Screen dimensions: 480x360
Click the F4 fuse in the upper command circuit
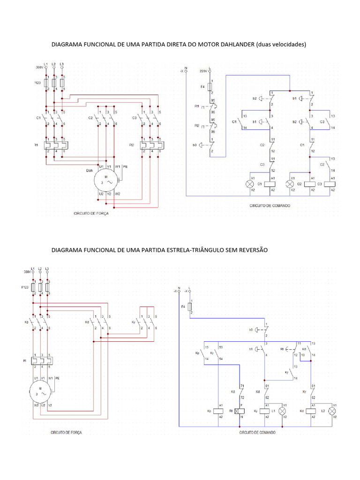[209, 87]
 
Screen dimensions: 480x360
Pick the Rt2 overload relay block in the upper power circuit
[151, 145]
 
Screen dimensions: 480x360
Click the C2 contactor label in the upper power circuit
[91, 118]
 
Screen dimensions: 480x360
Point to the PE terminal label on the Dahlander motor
[125, 166]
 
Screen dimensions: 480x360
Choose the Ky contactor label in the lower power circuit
[134, 322]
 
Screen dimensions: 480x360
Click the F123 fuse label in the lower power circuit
[25, 286]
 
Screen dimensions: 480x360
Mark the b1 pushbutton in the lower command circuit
[261, 349]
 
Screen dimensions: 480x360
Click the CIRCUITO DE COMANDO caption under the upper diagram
[270, 206]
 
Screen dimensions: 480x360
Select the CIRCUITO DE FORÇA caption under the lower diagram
[66, 433]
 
